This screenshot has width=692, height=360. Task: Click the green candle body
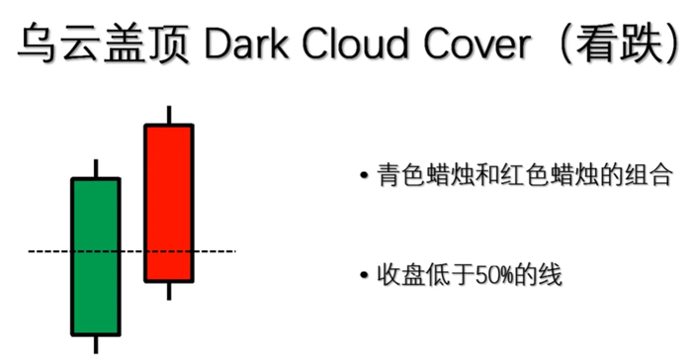point(95,256)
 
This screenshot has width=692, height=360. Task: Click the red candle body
point(169,203)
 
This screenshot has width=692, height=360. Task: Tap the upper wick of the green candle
point(96,168)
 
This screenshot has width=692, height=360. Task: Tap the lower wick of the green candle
point(96,343)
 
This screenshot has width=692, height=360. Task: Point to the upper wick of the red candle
point(169,115)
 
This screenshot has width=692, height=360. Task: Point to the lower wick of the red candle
point(169,290)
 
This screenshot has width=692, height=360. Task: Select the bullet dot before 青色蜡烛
point(366,178)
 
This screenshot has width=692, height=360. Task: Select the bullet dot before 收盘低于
point(366,275)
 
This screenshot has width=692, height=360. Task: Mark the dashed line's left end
point(30,252)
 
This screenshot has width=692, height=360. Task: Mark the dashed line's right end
point(234,252)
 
